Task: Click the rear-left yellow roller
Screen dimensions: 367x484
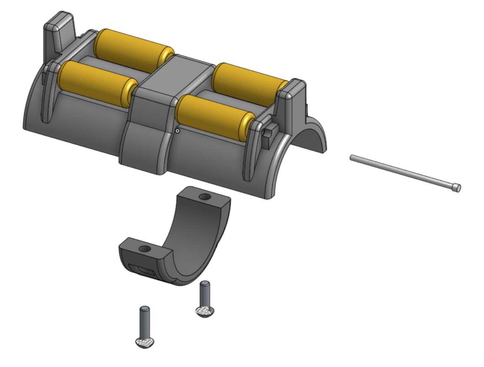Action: point(132,49)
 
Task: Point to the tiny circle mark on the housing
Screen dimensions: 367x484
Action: point(177,131)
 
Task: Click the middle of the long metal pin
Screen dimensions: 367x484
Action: point(403,172)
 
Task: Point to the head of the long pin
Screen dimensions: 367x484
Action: point(456,188)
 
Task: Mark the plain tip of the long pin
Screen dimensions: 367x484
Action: point(352,157)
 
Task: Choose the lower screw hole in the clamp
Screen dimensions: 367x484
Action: point(144,249)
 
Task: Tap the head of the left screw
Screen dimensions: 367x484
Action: point(145,342)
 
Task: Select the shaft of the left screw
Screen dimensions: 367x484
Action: point(145,321)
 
